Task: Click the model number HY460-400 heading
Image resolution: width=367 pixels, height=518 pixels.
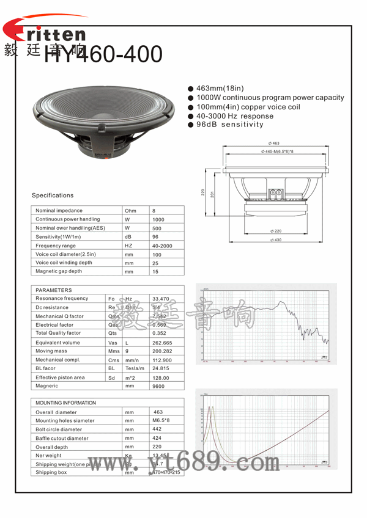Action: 103,55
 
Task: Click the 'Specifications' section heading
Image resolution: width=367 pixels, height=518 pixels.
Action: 53,195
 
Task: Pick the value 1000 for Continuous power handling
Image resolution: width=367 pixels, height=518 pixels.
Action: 158,219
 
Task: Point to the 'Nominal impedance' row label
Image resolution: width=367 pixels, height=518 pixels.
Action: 59,211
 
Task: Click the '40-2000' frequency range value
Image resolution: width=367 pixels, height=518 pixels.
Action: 162,246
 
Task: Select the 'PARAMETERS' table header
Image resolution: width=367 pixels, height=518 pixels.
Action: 54,290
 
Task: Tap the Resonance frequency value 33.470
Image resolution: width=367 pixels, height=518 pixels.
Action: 160,299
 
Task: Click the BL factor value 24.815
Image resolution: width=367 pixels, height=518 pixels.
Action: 160,369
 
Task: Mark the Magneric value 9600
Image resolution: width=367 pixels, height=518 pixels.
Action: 158,386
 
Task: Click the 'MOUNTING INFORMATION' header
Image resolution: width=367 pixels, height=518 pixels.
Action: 66,403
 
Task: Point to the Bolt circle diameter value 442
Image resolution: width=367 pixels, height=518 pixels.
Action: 157,429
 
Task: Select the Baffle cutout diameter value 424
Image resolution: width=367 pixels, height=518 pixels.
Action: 157,438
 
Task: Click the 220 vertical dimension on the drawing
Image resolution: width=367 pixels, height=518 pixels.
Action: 203,192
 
